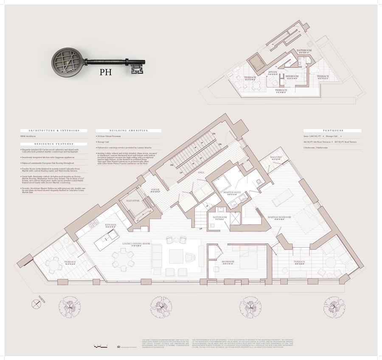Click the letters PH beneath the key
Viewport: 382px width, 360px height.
click(105, 72)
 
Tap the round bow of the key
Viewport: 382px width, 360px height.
click(68, 62)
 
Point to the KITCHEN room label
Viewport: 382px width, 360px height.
click(111, 225)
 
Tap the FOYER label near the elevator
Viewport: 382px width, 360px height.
click(155, 190)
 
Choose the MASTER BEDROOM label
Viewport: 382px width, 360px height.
click(279, 218)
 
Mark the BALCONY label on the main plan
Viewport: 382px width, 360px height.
click(276, 158)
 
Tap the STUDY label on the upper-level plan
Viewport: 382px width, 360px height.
click(273, 73)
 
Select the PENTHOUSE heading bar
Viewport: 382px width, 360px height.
click(332, 131)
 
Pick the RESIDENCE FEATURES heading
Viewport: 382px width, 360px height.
click(54, 144)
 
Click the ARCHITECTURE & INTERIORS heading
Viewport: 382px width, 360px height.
click(54, 131)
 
